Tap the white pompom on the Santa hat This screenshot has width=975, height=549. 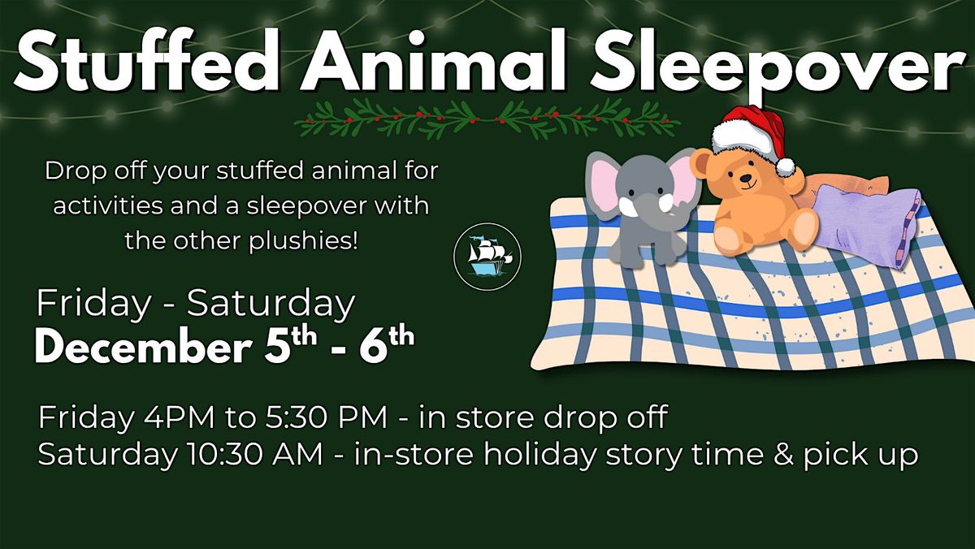click(x=785, y=166)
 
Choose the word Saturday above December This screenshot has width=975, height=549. click(x=271, y=304)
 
